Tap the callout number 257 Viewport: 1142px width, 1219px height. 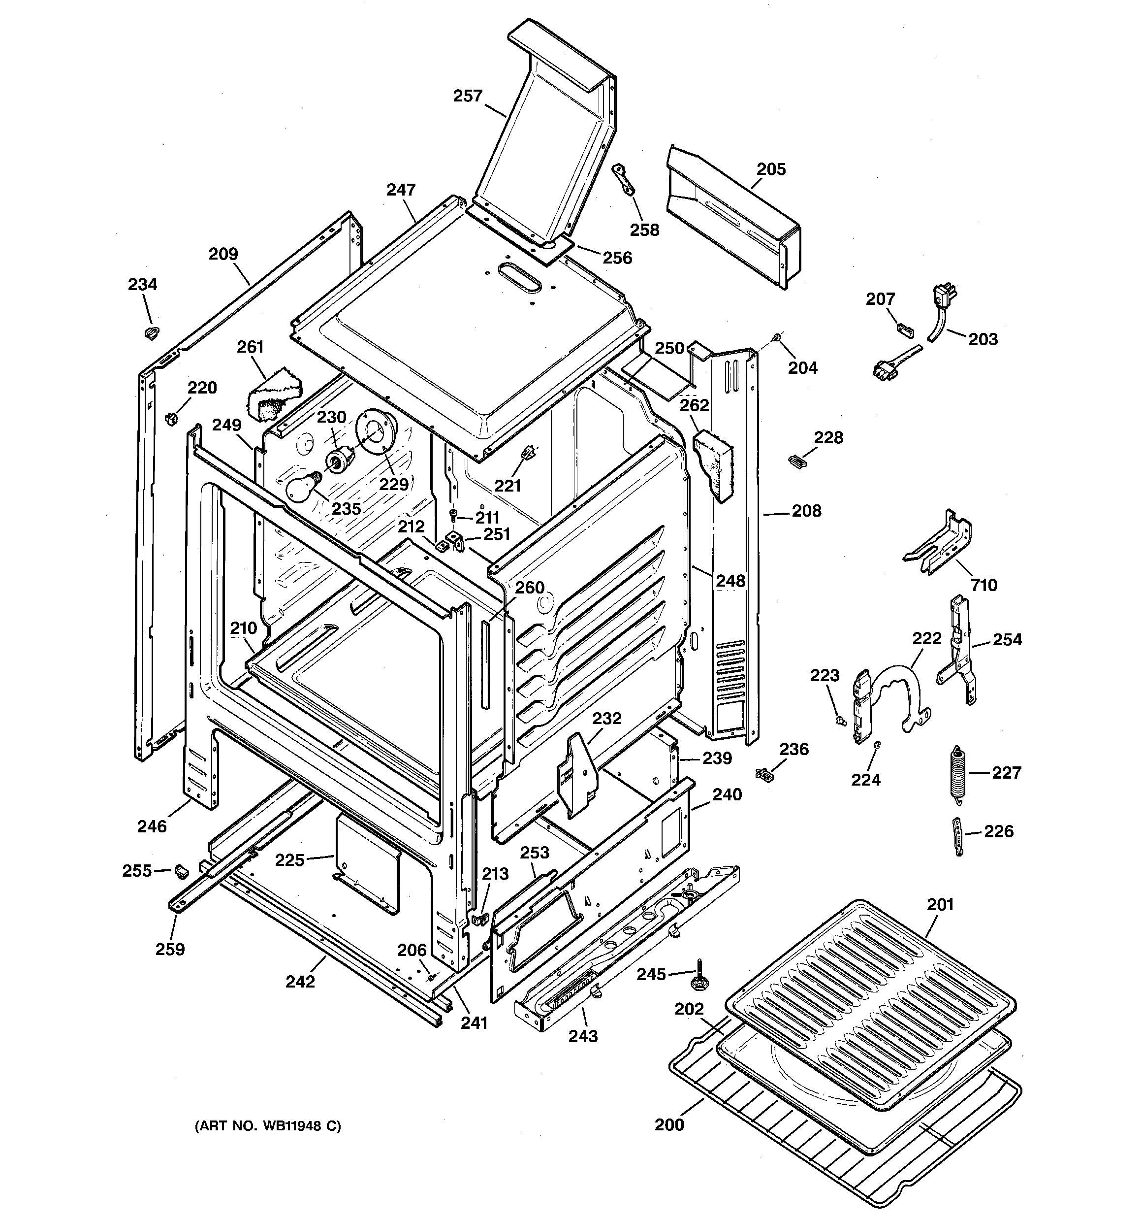468,96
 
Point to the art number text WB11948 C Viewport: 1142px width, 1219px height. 267,1126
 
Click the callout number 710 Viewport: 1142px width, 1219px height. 983,585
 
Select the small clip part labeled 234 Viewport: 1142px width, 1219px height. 150,332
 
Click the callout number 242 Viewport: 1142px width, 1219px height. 300,981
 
